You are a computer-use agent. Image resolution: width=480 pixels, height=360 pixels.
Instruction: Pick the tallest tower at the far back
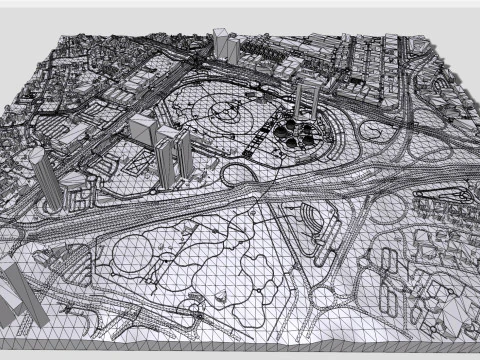pyautogui.click(x=222, y=44)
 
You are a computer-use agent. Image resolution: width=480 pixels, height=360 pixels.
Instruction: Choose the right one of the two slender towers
pyautogui.click(x=183, y=151)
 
